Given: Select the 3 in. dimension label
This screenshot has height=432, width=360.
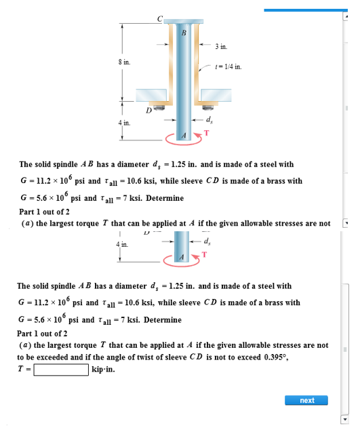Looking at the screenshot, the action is click(x=222, y=47).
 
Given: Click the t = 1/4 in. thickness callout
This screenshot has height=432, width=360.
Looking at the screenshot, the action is click(x=227, y=67).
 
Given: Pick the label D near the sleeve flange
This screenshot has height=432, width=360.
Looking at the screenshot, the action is click(x=148, y=109).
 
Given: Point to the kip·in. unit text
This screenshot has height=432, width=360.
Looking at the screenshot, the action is click(x=104, y=370).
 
